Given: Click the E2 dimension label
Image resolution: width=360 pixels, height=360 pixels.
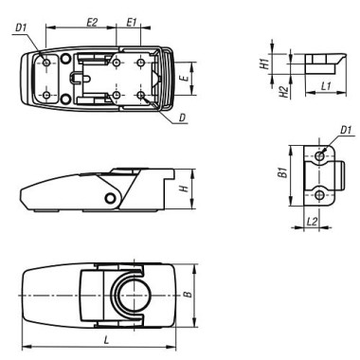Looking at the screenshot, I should click(92, 19).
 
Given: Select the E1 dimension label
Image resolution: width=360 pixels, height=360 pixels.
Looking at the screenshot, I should click(132, 19).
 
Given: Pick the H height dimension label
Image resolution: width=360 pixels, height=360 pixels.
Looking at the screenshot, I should click(182, 189).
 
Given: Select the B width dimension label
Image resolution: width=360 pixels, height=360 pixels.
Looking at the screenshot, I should click(188, 297).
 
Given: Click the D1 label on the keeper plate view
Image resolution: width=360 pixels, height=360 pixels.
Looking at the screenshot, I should click(345, 130).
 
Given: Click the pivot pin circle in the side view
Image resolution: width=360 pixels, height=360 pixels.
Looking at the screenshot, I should click(112, 196).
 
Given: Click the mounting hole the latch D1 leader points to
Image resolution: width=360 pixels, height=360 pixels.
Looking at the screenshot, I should click(45, 63).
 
